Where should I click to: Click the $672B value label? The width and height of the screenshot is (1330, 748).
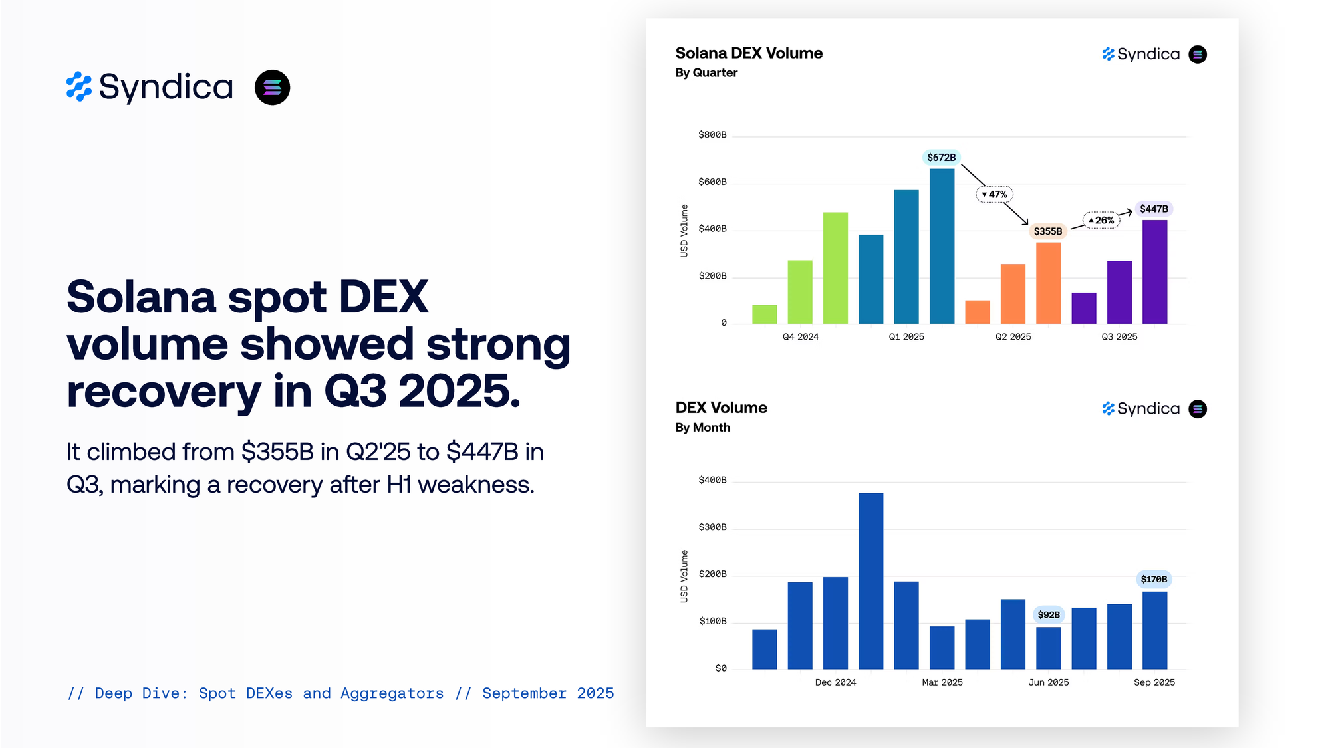[x=941, y=158]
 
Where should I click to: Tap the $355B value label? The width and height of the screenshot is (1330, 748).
[x=1047, y=231]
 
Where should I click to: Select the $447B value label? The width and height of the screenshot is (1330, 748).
[x=1154, y=209]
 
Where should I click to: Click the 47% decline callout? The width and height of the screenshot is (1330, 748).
[x=995, y=194]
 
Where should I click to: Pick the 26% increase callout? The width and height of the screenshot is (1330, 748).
[x=1101, y=220]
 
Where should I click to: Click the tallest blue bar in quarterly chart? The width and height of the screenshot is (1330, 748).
[x=942, y=246]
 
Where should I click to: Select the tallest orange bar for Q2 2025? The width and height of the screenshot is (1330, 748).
[x=1048, y=283]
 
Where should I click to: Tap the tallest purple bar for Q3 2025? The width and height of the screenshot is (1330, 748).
[x=1154, y=272]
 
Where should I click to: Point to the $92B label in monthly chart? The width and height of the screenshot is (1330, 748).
[x=1049, y=614]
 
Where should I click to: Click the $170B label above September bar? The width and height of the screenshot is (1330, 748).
[x=1154, y=579]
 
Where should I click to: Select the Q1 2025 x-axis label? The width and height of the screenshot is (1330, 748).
[x=906, y=337]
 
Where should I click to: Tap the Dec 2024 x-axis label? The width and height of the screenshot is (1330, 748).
[x=835, y=682]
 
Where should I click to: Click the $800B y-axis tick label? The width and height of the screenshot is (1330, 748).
[x=712, y=135]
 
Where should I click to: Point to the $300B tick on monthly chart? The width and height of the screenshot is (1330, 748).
[x=712, y=527]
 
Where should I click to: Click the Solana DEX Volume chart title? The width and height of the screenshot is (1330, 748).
[x=749, y=53]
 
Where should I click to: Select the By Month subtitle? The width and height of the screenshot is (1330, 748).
[x=703, y=428]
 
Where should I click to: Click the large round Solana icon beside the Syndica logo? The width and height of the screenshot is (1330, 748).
[x=272, y=88]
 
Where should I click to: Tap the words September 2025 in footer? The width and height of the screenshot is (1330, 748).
[x=548, y=693]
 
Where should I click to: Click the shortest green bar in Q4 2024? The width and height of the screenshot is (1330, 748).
[x=764, y=314]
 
